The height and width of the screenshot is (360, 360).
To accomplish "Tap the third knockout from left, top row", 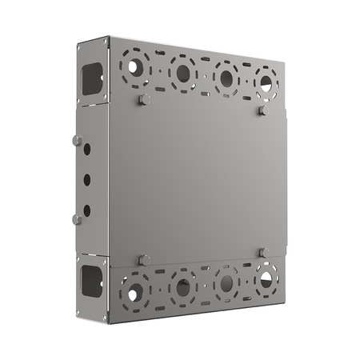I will click(x=226, y=78).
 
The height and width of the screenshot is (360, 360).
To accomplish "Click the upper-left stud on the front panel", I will click(x=143, y=100).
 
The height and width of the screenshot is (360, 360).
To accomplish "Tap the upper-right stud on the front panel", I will click(x=263, y=111).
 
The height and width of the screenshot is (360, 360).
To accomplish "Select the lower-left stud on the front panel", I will click(x=143, y=259).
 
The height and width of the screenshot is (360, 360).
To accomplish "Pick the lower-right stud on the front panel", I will click(x=263, y=253).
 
